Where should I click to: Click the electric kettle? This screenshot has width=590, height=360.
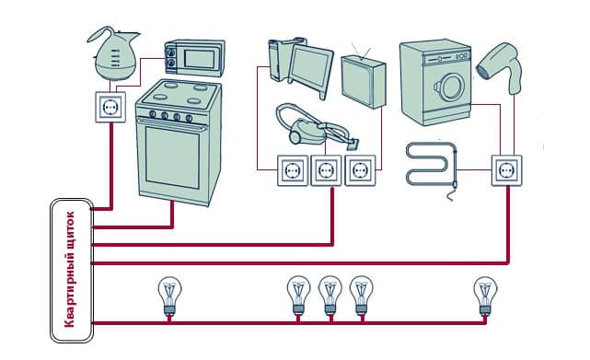click(x=113, y=54)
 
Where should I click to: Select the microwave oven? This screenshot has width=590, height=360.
click(x=194, y=58)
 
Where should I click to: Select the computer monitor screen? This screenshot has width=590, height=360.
click(x=309, y=68)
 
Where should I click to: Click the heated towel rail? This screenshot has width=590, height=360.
click(x=432, y=165)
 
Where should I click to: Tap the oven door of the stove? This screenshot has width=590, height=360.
click(x=172, y=157)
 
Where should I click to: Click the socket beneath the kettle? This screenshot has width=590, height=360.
click(x=110, y=108)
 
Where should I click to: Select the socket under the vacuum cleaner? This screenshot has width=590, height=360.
click(x=326, y=170)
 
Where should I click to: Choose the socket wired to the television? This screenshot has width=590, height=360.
click(x=360, y=170)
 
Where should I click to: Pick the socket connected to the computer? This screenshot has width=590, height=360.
click(x=293, y=170)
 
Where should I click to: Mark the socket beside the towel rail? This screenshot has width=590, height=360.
click(x=507, y=170)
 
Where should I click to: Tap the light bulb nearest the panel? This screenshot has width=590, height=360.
click(x=169, y=296)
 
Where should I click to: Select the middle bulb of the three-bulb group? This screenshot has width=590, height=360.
click(x=330, y=296)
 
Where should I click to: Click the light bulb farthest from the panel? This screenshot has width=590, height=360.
click(x=485, y=296)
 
